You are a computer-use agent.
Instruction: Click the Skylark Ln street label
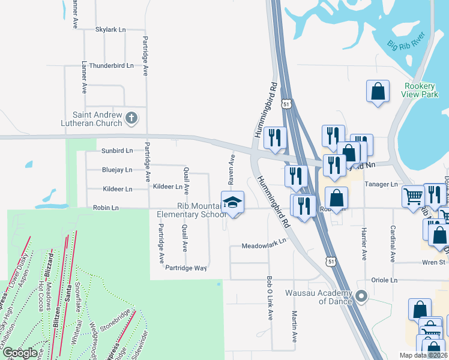coord(110,29)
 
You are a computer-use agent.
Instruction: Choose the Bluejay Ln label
coord(116,170)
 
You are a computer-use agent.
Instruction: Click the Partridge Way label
coord(186,268)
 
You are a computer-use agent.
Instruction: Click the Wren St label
coord(432,262)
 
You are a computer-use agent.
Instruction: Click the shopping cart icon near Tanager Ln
coord(413,196)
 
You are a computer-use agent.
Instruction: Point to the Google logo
coord(20,352)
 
